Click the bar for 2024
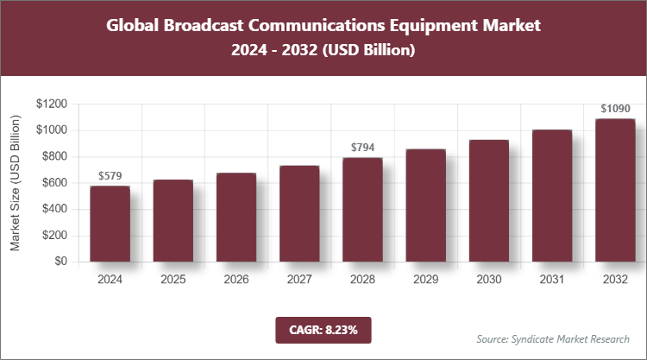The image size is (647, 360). [110, 224]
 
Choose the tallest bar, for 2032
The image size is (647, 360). [615, 190]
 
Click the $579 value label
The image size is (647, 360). [110, 175]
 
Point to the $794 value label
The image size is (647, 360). [362, 148]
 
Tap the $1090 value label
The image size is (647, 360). [615, 109]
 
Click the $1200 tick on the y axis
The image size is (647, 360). [51, 104]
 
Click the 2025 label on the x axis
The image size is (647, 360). [173, 280]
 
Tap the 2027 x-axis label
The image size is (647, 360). [299, 280]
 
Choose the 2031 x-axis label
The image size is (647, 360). [552, 280]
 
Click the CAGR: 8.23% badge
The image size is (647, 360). [323, 330]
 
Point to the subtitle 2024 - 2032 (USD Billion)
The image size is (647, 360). [323, 51]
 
